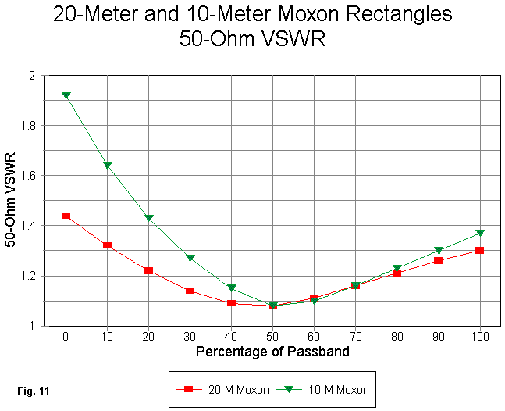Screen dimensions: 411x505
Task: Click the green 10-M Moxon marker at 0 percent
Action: point(66,95)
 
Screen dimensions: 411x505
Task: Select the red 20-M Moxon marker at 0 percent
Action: point(66,216)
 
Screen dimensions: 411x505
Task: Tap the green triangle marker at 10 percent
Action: point(108,166)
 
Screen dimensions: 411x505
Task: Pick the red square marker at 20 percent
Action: point(149,270)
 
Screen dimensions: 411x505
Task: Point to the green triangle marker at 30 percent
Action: point(190,258)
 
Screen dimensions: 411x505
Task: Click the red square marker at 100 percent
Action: point(480,250)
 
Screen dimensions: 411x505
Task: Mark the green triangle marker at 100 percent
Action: point(480,233)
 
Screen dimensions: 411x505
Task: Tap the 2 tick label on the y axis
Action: point(53,75)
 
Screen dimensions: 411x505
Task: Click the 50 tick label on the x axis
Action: point(273,336)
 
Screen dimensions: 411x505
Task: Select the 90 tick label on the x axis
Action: point(439,336)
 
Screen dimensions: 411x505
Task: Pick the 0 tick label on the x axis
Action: point(66,336)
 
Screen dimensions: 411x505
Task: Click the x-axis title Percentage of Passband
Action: point(273,352)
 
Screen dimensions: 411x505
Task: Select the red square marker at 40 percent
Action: point(232,302)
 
